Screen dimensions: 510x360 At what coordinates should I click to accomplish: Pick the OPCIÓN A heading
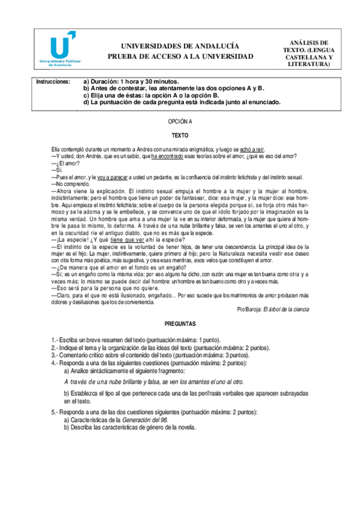[x=180, y=121]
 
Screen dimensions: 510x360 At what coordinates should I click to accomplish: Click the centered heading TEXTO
[x=180, y=135]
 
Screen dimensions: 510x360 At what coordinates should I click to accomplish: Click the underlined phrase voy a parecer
[x=114, y=177]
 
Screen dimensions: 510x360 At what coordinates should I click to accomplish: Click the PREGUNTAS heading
[x=180, y=324]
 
